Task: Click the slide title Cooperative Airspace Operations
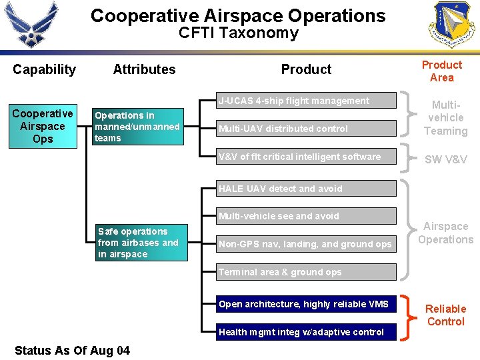[x=238, y=15]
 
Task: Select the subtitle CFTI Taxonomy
[x=238, y=33]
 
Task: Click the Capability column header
[x=44, y=69]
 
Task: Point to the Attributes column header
[x=144, y=69]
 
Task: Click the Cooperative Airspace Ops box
[x=43, y=126]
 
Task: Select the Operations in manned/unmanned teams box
[x=137, y=127]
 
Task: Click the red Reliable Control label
[x=445, y=315]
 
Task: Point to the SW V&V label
[x=445, y=159]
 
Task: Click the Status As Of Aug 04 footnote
[x=72, y=350]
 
